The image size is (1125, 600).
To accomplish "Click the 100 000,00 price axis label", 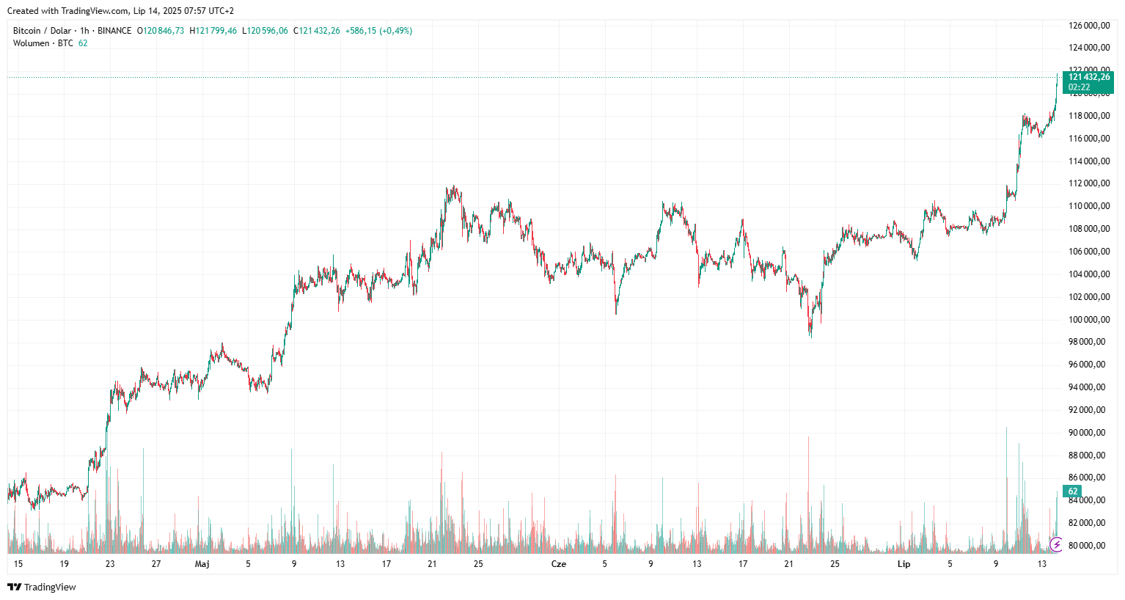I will coord(1088,319).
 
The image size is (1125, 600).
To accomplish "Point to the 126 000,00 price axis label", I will coord(1088,26).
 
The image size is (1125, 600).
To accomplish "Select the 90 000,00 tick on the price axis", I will coord(1088,433).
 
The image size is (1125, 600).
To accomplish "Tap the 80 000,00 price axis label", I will coord(1088,546).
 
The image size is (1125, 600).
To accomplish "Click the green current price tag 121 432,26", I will coord(1088,77).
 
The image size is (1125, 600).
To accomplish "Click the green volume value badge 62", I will coord(1073,491).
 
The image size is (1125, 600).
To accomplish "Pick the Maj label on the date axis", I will coord(202,564).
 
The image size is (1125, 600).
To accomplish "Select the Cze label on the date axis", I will coord(558,564).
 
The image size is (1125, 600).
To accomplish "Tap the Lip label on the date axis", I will coord(904,564).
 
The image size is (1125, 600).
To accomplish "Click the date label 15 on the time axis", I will coord(18,564).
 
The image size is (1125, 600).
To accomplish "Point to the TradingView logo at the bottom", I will coord(42,587).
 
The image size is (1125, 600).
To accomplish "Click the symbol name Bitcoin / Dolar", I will coord(42,31).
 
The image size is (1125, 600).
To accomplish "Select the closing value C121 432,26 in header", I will coord(317,31).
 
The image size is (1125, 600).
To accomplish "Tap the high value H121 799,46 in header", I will coord(213,31).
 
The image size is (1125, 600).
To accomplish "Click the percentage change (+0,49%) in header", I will coord(395,31).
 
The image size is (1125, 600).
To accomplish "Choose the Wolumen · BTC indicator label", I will coord(43,43).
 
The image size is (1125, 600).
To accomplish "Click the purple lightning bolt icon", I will coord(1056,544).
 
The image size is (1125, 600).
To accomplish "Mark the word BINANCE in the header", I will coord(114,31).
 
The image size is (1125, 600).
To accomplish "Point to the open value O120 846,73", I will coord(161,31).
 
